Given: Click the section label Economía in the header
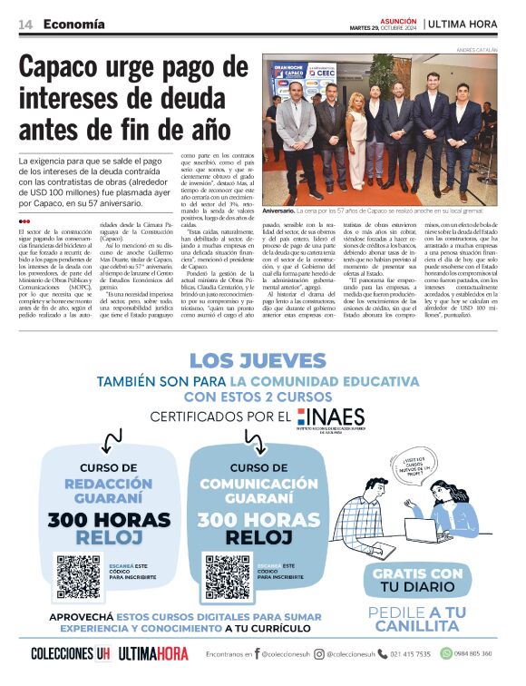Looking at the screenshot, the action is [73, 24].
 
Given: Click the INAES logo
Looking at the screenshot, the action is [331, 419].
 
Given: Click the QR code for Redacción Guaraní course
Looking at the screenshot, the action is [80, 577].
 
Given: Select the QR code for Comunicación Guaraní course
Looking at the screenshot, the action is [227, 577].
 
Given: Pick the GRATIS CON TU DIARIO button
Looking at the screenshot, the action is [417, 581].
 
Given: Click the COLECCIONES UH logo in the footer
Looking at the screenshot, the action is [70, 653].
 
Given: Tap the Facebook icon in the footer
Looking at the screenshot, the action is [258, 653].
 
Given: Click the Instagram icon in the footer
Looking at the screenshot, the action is [319, 653].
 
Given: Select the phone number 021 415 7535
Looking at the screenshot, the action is [410, 653].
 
